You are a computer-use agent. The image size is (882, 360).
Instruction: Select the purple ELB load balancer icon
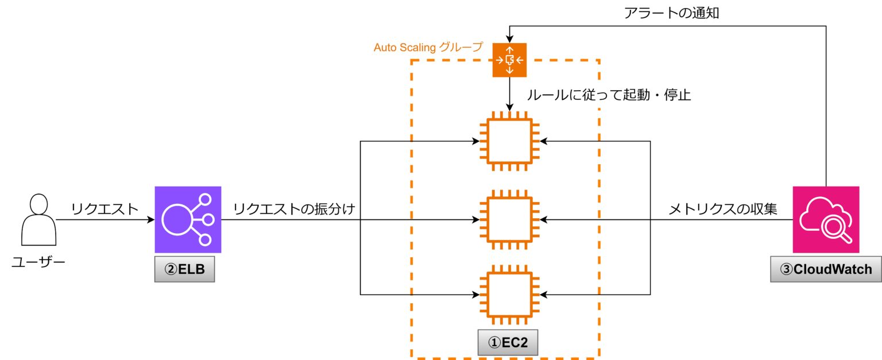[188, 219]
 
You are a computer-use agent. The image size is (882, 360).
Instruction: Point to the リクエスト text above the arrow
[105, 209]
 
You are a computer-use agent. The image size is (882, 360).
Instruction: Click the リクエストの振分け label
[296, 209]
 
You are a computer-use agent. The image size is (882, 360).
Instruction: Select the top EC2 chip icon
[509, 141]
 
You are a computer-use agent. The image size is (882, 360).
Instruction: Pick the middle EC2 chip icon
[509, 219]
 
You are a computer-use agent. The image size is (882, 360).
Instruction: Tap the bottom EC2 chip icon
[509, 295]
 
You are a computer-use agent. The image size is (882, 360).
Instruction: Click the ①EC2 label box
[508, 343]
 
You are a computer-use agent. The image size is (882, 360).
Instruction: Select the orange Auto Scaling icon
[509, 60]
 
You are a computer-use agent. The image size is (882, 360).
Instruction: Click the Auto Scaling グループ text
[428, 48]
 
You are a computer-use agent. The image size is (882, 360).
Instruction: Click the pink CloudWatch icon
[826, 219]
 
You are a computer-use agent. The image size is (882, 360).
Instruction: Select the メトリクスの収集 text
[722, 210]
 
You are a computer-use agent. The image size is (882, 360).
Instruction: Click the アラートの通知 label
[671, 13]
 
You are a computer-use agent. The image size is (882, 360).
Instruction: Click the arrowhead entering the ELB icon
[150, 219]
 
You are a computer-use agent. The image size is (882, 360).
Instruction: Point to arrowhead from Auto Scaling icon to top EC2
[509, 107]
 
